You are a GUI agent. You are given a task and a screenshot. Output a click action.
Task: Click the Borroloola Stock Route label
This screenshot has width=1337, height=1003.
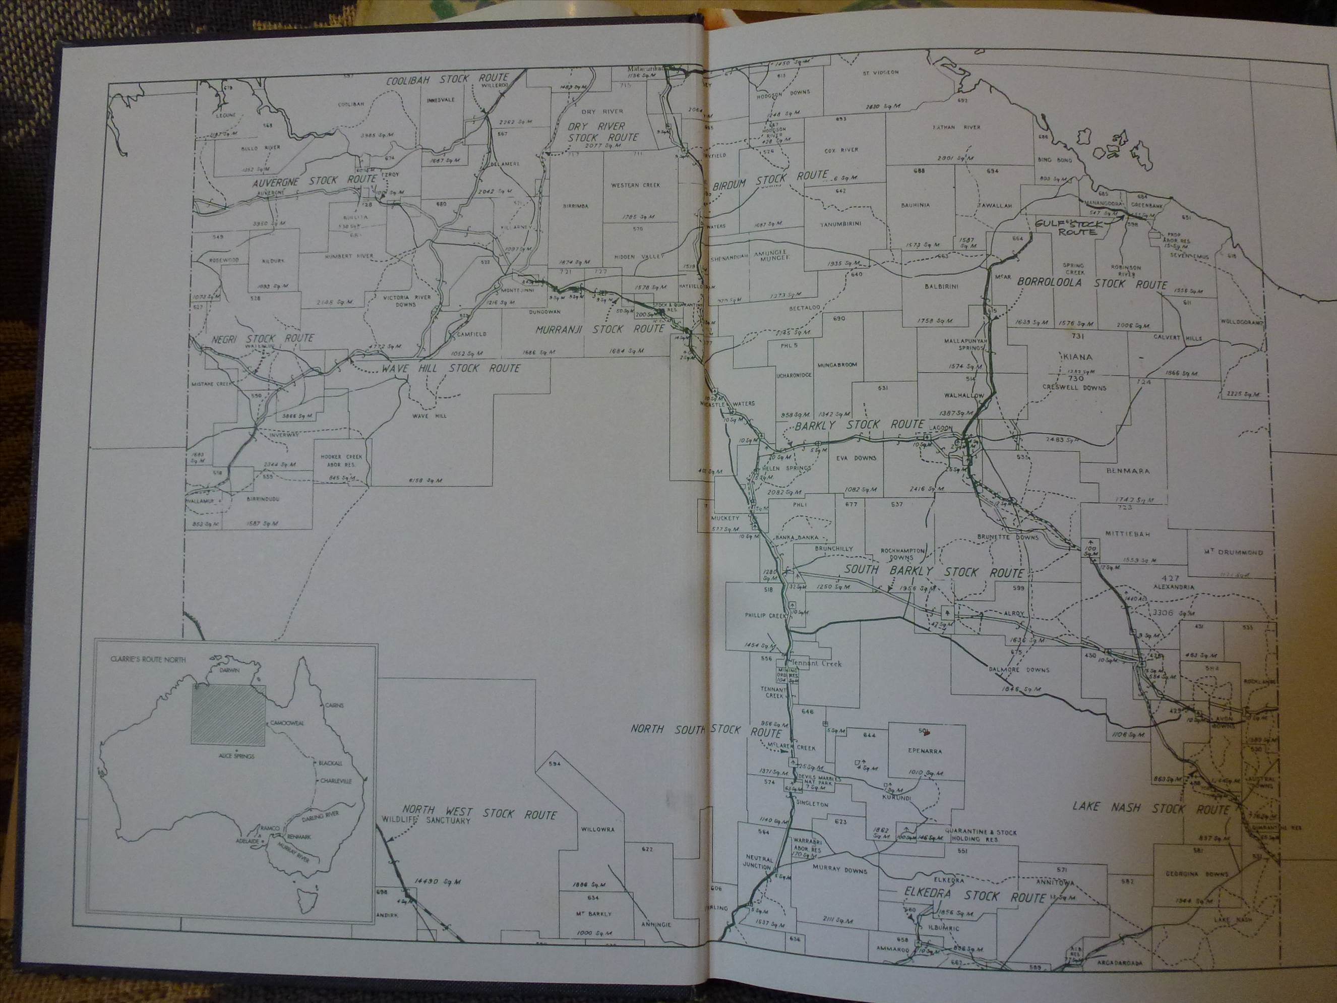click(x=1092, y=283)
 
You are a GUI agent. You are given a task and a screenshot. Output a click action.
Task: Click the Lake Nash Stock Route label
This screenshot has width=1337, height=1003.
click(x=1151, y=808)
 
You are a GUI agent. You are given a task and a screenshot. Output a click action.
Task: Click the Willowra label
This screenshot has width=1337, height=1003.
click(x=597, y=830)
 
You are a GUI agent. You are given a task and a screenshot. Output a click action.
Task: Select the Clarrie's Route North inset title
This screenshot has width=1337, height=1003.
click(x=148, y=660)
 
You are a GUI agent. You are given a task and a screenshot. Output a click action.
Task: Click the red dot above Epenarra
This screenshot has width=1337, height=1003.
click(x=927, y=733)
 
